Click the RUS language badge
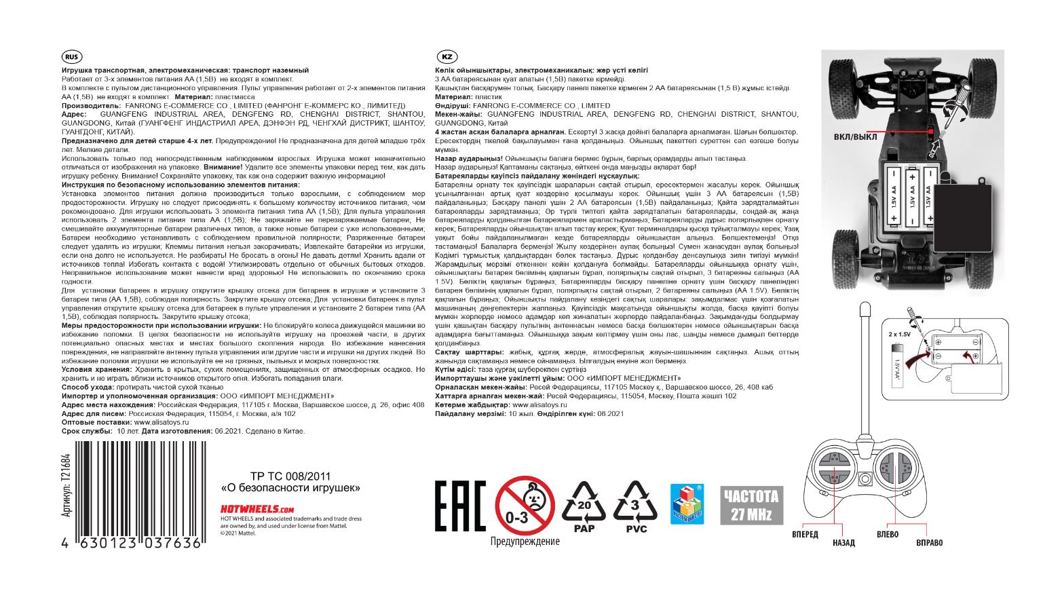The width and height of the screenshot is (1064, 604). click(x=71, y=57)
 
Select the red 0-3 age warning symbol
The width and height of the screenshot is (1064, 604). click(x=525, y=506)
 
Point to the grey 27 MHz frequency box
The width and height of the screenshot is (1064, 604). click(x=751, y=506)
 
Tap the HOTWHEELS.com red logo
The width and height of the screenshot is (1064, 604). click(x=256, y=509)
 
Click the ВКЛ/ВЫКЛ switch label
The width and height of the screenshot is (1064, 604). click(x=855, y=137)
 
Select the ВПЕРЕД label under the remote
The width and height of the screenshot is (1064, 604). click(x=805, y=534)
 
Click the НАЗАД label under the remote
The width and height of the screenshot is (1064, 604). click(x=843, y=543)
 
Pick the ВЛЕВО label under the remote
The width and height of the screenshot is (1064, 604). click(x=888, y=534)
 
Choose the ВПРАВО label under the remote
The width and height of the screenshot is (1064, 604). click(x=929, y=543)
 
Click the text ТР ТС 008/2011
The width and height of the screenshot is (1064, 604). click(x=290, y=476)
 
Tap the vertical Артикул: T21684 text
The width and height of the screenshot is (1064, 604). click(x=66, y=485)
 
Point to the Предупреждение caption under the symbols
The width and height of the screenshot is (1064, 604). click(x=525, y=542)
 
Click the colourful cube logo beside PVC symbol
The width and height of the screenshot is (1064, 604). click(x=687, y=503)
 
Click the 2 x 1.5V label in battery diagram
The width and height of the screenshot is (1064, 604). click(x=899, y=335)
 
